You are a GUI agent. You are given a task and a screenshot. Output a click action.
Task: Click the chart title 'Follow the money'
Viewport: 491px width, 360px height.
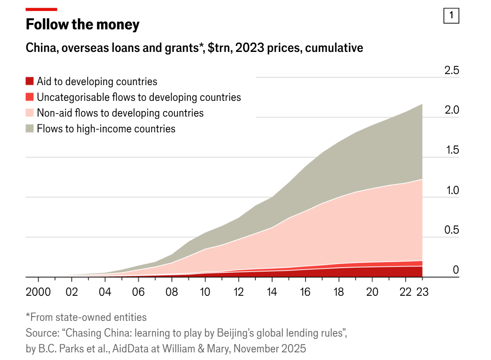click(x=82, y=25)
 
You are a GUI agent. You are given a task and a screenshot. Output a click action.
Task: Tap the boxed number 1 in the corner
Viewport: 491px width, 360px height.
click(x=451, y=16)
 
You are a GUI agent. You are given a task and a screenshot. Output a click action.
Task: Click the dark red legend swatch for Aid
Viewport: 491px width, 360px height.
click(x=29, y=81)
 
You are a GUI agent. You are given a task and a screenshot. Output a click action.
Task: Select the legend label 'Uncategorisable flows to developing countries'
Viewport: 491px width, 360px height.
click(x=139, y=97)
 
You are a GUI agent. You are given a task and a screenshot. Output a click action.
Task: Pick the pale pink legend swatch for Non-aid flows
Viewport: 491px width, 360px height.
click(x=29, y=113)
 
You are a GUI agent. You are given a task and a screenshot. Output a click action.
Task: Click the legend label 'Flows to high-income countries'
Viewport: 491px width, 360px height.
click(x=106, y=129)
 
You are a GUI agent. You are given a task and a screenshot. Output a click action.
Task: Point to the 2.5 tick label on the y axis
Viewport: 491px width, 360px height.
click(x=451, y=71)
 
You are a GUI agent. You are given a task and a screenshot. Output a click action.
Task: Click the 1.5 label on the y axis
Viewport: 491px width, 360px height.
click(x=451, y=150)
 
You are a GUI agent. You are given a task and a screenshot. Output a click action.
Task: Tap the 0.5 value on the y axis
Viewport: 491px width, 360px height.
click(x=451, y=230)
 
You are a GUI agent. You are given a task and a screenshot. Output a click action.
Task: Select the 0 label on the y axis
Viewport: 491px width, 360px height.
click(x=456, y=270)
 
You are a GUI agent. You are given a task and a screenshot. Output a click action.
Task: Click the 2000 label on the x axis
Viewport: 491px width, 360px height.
click(x=38, y=292)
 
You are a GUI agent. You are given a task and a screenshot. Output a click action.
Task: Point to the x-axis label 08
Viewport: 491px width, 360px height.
click(x=172, y=292)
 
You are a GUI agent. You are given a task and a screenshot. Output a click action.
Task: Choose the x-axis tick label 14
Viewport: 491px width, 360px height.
click(x=272, y=292)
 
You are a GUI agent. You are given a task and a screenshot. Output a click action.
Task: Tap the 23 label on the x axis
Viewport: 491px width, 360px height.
click(x=422, y=292)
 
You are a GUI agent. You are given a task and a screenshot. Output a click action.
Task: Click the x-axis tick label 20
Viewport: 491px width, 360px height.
click(x=372, y=292)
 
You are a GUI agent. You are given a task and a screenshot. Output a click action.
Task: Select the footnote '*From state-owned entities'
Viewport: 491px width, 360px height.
click(x=86, y=317)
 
